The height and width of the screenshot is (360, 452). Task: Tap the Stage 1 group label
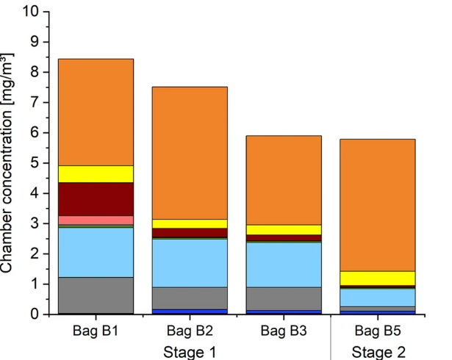tap(190, 351)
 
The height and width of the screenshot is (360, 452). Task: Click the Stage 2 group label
tap(379, 351)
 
